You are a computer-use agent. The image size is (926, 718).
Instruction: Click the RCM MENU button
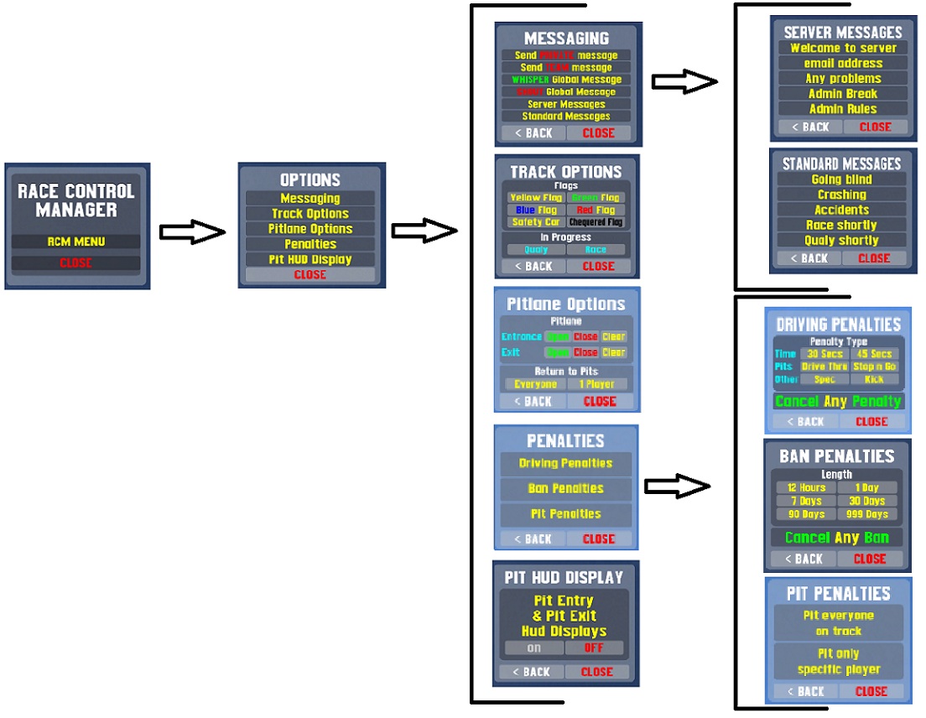point(76,242)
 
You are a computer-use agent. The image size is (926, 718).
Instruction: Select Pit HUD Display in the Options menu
point(310,259)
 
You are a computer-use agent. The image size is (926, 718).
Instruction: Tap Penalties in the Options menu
point(310,244)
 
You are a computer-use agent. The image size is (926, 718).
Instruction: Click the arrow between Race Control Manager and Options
point(192,232)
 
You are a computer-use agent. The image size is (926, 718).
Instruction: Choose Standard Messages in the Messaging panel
point(566,117)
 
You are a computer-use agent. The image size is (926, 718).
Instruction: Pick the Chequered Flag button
point(596,222)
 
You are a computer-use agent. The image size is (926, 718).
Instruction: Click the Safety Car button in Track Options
point(535,222)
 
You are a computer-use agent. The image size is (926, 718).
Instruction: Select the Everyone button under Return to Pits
point(535,384)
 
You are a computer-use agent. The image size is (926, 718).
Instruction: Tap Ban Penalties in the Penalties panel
point(566,488)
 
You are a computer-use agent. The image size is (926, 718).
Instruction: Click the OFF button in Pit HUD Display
point(596,648)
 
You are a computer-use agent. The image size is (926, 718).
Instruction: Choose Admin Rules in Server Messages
point(843,109)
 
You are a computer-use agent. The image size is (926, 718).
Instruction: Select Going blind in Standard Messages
point(841,179)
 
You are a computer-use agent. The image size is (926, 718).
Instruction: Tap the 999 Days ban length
point(866,514)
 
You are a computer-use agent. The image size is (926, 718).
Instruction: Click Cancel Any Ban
point(836,538)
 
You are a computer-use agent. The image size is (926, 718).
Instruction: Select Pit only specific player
point(838,662)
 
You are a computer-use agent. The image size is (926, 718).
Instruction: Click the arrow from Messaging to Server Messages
point(684,81)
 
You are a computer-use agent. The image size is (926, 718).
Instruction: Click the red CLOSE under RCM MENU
point(76,263)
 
